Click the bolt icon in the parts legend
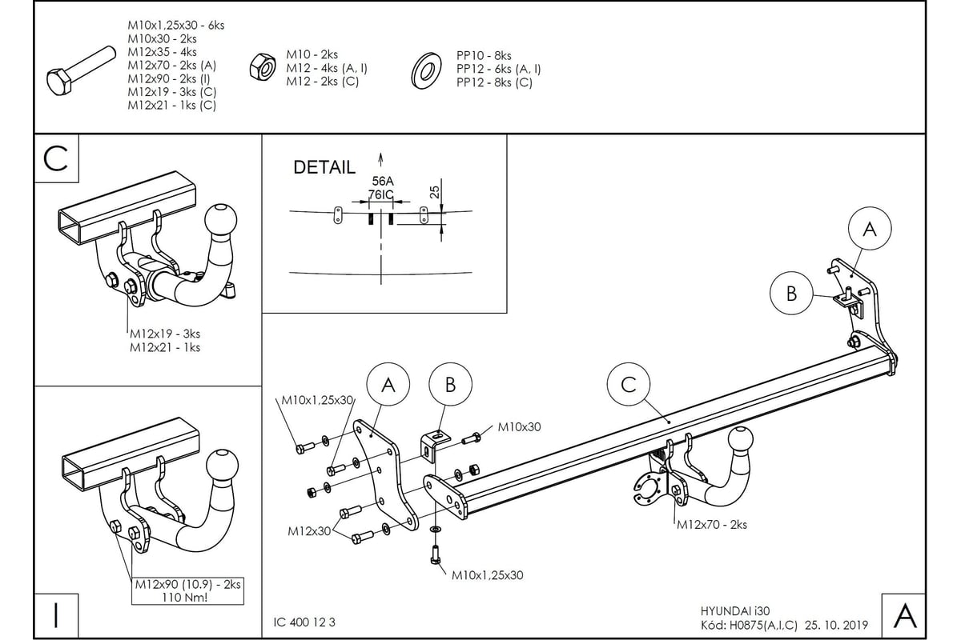(x=81, y=70)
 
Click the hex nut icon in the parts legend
(x=263, y=67)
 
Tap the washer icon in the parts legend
(x=425, y=71)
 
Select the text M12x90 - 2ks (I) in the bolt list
(x=169, y=79)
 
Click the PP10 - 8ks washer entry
(x=484, y=56)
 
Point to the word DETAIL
(x=324, y=167)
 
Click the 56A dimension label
(x=383, y=181)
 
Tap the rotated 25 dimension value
(x=435, y=192)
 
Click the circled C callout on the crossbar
(x=628, y=384)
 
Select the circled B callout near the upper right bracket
(x=791, y=294)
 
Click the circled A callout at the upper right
(x=870, y=229)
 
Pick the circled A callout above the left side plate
(x=388, y=385)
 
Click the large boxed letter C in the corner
(x=56, y=158)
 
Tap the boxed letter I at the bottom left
(x=56, y=615)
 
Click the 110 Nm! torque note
(x=185, y=597)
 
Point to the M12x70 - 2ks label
(x=712, y=524)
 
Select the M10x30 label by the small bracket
(x=519, y=427)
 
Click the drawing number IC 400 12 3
(x=304, y=622)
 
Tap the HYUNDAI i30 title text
(x=735, y=611)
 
